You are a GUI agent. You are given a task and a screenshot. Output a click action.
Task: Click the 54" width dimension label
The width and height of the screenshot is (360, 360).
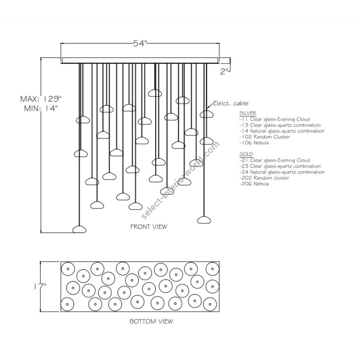pyautogui.click(x=140, y=44)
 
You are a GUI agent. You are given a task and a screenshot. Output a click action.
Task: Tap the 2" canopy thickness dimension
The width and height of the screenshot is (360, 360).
pyautogui.click(x=225, y=71)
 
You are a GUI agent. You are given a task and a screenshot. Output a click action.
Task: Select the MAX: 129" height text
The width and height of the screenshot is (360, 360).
pyautogui.click(x=42, y=98)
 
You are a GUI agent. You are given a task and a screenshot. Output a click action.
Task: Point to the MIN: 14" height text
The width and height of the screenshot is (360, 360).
pyautogui.click(x=42, y=108)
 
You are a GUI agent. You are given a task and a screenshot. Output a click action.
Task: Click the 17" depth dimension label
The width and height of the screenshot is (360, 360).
pyautogui.click(x=41, y=286)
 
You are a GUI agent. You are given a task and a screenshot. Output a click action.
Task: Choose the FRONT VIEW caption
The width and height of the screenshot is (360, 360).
pyautogui.click(x=149, y=226)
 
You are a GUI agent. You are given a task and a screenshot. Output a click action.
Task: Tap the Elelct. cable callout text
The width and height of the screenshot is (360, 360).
pyautogui.click(x=231, y=104)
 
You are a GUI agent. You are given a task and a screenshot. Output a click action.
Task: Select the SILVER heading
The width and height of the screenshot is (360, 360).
pyautogui.click(x=248, y=113)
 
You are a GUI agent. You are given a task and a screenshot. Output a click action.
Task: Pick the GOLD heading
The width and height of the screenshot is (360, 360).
pyautogui.click(x=246, y=154)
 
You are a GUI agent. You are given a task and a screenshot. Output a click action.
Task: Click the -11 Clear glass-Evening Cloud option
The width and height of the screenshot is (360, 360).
pyautogui.click(x=274, y=119)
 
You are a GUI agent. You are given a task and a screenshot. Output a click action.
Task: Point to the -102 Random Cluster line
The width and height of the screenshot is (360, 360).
pyautogui.click(x=264, y=137)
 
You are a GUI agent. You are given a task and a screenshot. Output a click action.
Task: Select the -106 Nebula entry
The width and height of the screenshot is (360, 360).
pyautogui.click(x=254, y=143)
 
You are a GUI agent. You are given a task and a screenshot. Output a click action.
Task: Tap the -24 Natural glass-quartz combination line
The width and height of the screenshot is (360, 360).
pyautogui.click(x=282, y=172)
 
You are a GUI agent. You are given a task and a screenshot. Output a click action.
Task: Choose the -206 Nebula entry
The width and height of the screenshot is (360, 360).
pyautogui.click(x=254, y=184)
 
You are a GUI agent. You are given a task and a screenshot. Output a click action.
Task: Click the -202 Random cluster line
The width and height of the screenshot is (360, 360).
pyautogui.click(x=264, y=178)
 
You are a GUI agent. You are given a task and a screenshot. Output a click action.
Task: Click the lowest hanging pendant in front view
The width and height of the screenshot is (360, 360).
pyautogui.click(x=80, y=229)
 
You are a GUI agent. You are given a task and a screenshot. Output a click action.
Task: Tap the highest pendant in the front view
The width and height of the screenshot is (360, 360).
pyautogui.click(x=154, y=93)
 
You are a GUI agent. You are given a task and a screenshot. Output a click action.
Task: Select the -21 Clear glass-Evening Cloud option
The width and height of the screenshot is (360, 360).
pyautogui.click(x=274, y=160)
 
